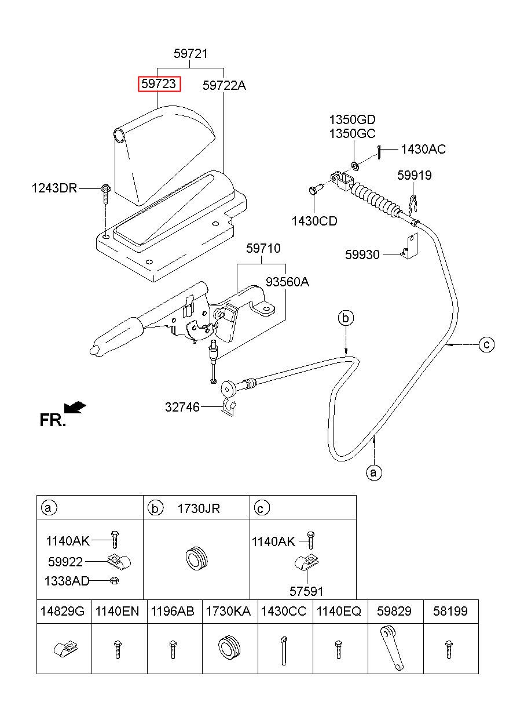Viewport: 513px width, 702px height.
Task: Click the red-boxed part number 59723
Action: click(159, 84)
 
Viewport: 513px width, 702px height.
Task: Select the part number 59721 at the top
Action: click(190, 53)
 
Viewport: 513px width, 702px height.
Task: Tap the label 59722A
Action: click(224, 85)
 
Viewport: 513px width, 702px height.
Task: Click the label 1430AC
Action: click(423, 149)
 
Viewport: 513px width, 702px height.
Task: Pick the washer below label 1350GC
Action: click(355, 165)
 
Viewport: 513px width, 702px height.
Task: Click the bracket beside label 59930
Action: click(410, 246)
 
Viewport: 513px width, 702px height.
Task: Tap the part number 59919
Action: click(414, 175)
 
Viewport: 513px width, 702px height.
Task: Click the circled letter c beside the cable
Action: click(486, 345)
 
